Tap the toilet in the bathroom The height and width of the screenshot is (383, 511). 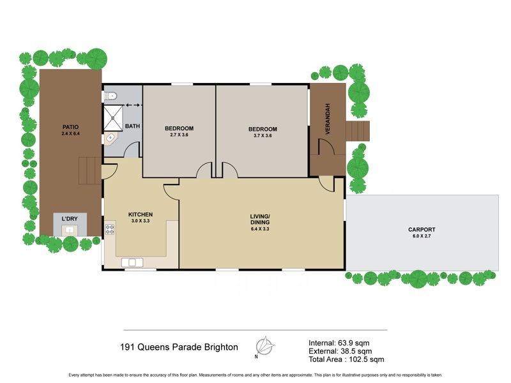(111, 97)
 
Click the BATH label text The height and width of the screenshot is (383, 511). (132, 126)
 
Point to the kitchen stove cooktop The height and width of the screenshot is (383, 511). (109, 228)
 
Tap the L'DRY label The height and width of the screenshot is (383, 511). (69, 220)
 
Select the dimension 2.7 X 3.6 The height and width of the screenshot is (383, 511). (179, 135)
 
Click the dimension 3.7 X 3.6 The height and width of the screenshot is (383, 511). (262, 135)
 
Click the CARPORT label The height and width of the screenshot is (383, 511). (422, 229)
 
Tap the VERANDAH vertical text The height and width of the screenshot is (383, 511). (328, 118)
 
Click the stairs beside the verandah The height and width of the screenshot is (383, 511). (358, 131)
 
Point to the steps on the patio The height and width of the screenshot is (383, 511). (88, 170)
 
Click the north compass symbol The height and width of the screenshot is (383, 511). (264, 347)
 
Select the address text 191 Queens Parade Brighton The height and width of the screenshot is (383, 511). (179, 348)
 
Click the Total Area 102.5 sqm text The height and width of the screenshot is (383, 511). (346, 359)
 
